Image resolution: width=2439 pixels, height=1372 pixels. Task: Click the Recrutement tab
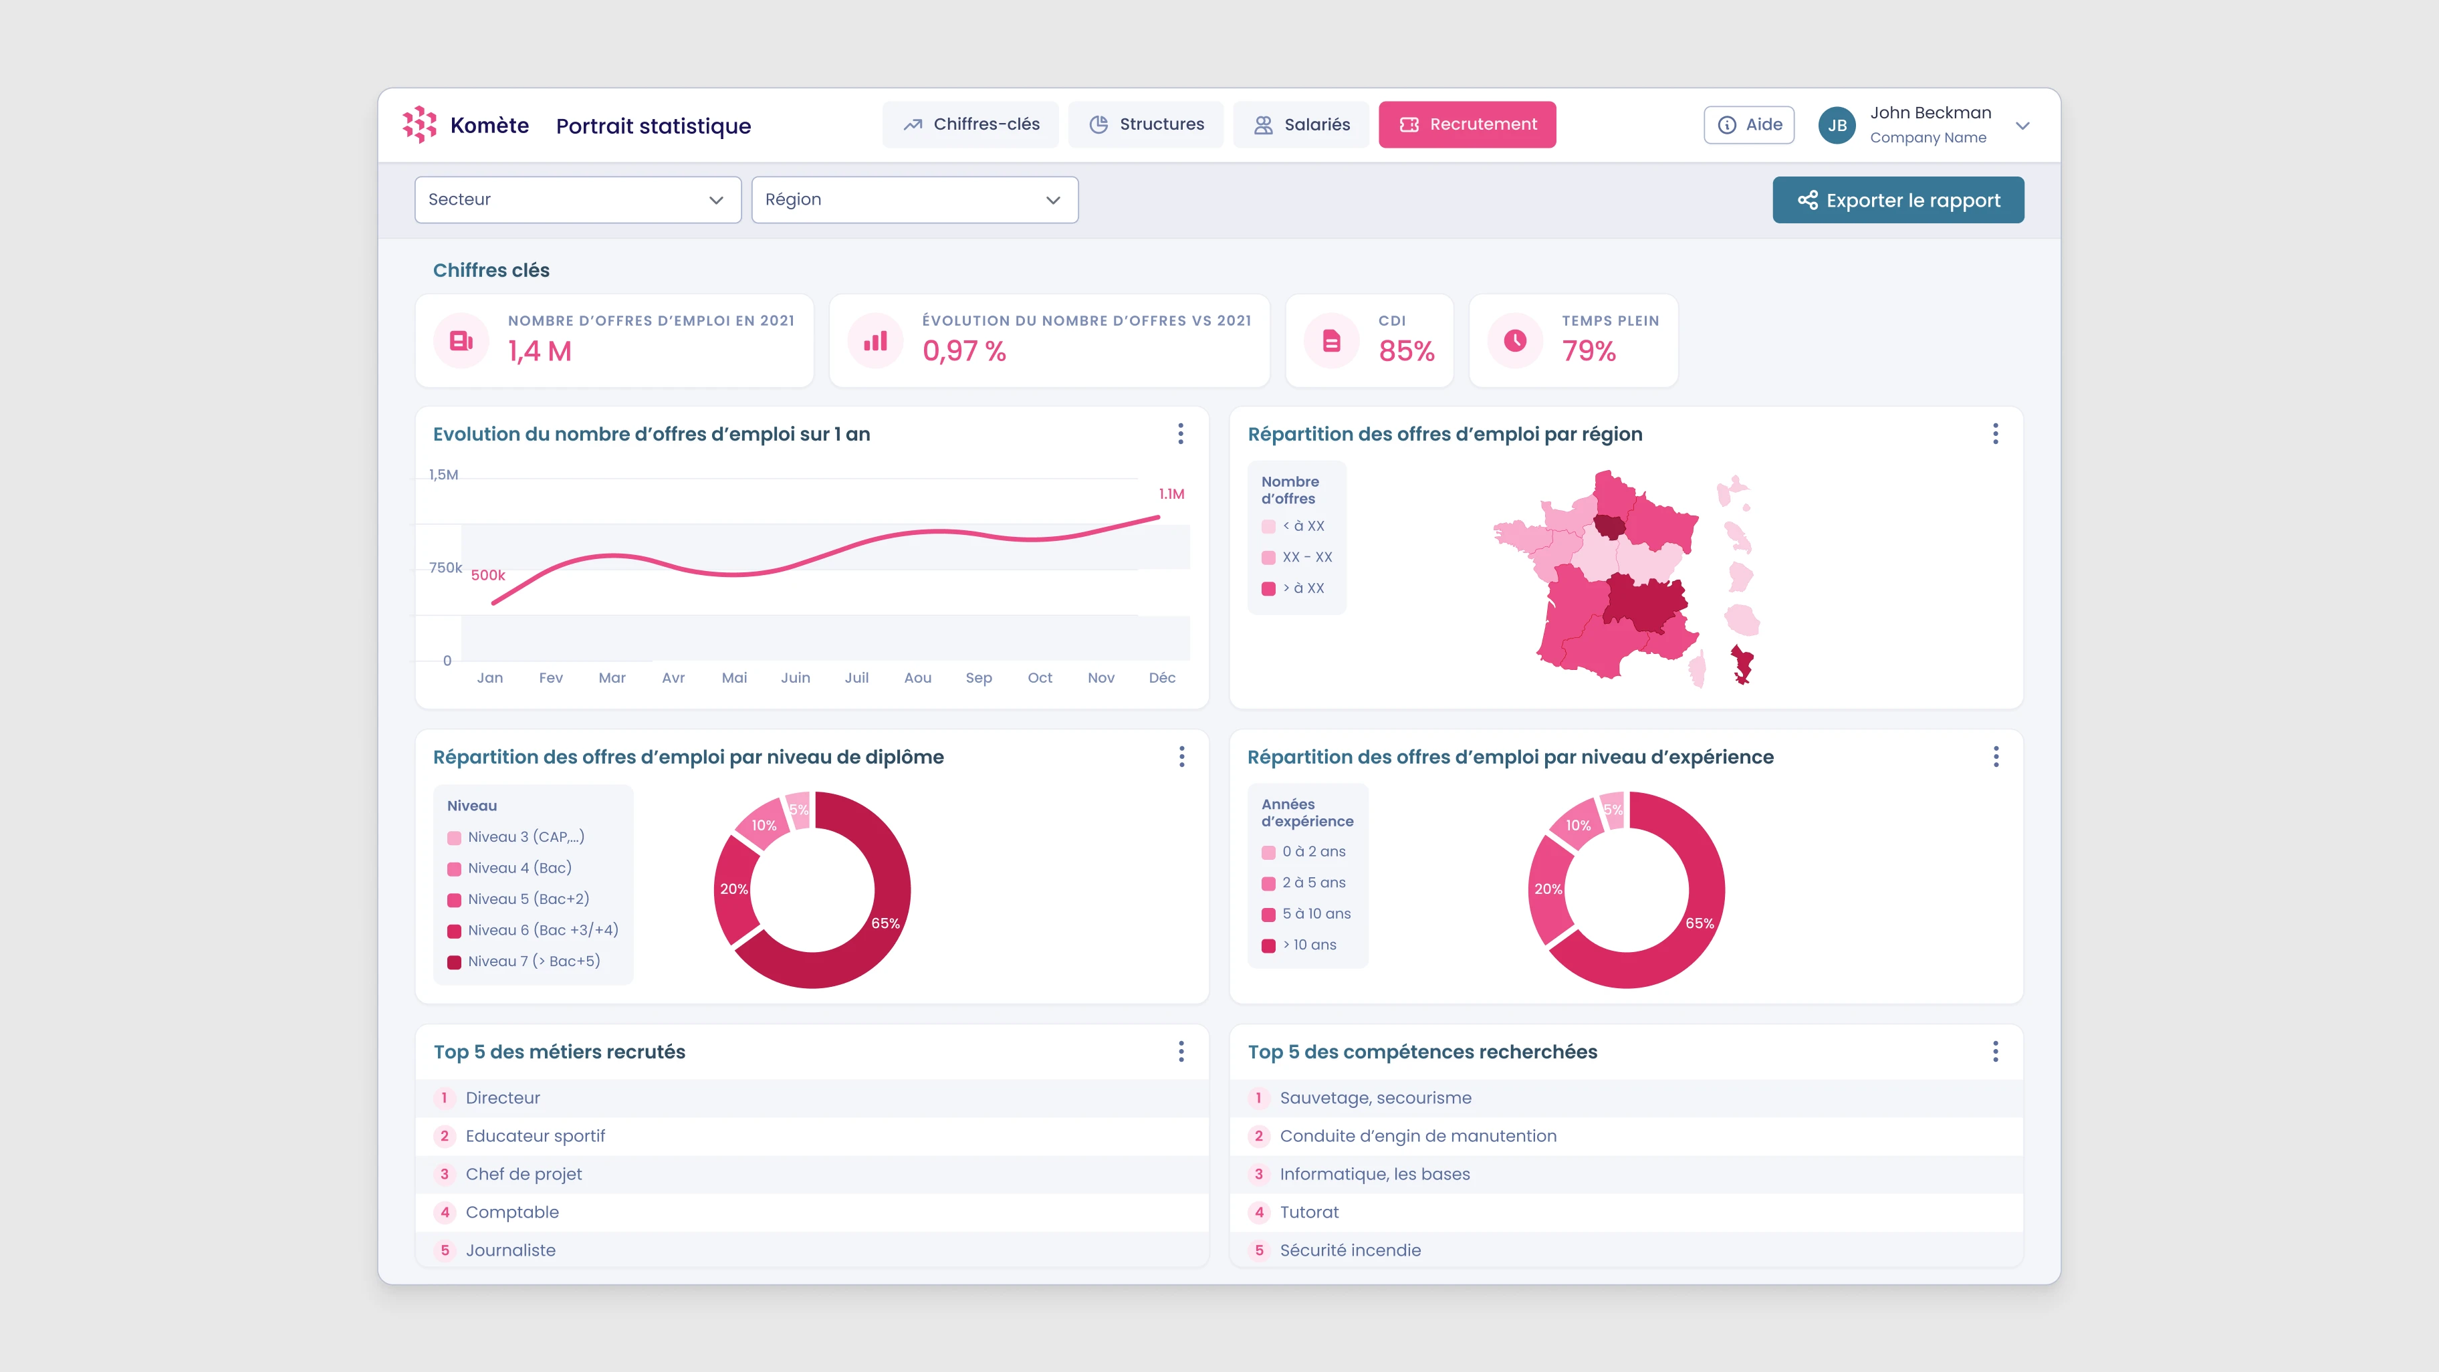click(1467, 124)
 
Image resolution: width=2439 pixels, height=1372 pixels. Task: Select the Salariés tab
click(1301, 124)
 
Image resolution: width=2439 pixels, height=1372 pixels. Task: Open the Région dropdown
click(914, 200)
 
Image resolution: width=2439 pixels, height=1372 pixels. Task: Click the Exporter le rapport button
click(1897, 200)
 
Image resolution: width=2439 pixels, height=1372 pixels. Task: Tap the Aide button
click(1749, 125)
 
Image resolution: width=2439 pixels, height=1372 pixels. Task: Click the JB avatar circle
click(1837, 125)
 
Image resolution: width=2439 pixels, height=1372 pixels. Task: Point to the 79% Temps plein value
click(1589, 351)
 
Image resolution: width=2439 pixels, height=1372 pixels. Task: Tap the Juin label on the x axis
click(796, 678)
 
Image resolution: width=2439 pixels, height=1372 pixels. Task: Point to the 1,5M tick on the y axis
click(443, 474)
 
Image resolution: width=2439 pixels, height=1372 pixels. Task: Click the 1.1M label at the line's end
click(1171, 494)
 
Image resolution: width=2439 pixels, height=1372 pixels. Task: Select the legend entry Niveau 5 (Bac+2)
click(528, 899)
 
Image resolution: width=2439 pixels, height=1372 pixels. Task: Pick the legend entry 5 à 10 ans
click(1316, 914)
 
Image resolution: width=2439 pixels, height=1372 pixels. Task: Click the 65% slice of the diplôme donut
click(885, 923)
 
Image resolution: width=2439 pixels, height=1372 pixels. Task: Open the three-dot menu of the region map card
click(1995, 434)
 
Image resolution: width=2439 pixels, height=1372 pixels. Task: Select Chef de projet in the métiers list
click(524, 1174)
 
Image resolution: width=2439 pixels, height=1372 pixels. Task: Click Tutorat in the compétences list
click(1308, 1212)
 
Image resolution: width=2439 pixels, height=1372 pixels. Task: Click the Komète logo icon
click(419, 124)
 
